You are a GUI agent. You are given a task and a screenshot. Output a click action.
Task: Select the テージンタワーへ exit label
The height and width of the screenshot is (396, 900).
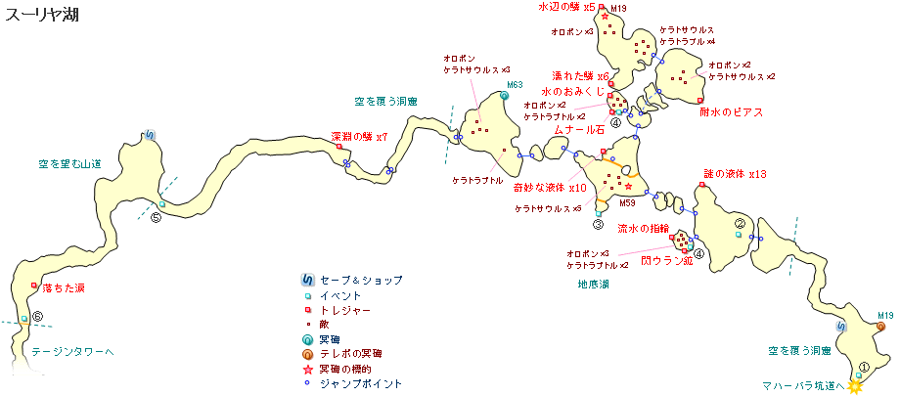(72, 350)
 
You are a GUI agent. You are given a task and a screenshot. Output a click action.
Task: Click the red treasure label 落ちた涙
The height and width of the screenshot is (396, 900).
(64, 288)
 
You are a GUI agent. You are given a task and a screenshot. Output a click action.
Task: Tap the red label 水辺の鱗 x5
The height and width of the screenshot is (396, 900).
(566, 8)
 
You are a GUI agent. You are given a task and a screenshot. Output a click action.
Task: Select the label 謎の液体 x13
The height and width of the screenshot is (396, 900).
(736, 173)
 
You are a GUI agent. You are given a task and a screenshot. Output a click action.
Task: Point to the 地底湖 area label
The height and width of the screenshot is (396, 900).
(593, 285)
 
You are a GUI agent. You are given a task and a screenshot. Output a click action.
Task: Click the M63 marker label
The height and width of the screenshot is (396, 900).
(515, 85)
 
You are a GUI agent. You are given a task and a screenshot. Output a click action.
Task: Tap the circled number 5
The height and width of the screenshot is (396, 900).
(156, 217)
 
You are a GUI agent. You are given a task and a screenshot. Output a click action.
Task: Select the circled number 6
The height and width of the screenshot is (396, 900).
(37, 317)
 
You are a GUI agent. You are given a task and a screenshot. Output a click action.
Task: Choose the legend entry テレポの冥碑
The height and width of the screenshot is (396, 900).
(351, 354)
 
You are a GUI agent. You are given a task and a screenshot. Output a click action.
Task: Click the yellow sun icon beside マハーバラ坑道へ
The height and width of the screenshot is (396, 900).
(856, 386)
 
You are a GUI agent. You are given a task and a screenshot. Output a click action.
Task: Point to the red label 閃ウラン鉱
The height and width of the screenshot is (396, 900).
(666, 262)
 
